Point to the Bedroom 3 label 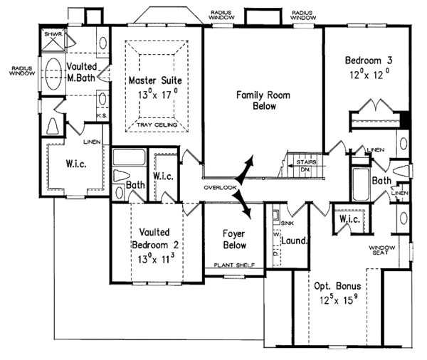(x=366, y=60)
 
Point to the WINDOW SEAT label (x=385, y=250)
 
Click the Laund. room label (x=294, y=241)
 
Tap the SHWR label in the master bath (x=53, y=33)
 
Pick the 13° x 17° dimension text (x=157, y=92)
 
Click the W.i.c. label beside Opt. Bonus (x=350, y=220)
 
